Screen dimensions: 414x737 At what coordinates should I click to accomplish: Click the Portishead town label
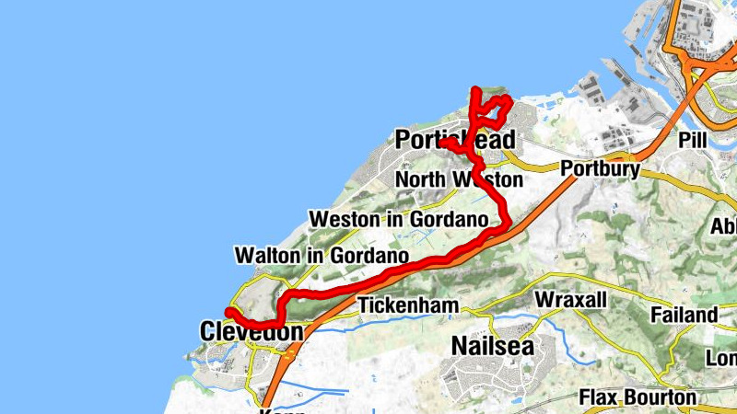453,140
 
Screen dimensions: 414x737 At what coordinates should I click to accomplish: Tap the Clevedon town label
252,331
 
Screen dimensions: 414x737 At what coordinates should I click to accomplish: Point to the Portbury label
600,168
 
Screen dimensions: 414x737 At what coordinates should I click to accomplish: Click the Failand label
684,315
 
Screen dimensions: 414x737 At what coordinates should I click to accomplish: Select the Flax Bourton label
638,397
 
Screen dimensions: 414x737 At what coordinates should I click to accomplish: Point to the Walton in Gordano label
322,254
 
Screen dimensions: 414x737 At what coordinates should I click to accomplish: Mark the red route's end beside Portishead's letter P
443,144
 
